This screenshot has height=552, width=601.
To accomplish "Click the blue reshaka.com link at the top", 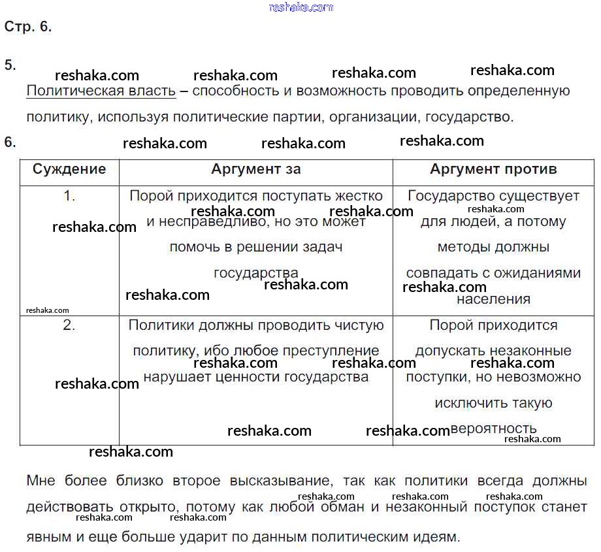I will click(300, 7).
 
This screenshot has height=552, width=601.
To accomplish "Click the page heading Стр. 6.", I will click(27, 27).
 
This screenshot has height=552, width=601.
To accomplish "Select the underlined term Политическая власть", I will click(101, 91).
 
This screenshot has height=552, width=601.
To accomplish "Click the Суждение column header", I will click(69, 169).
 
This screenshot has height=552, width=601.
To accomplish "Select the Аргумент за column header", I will click(256, 169).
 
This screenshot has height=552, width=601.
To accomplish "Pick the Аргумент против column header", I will click(493, 169).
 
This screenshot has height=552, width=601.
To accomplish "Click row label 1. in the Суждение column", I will click(69, 195).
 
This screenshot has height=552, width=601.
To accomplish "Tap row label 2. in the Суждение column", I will click(69, 325).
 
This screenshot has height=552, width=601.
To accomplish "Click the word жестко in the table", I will click(359, 195).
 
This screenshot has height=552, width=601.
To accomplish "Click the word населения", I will click(493, 299).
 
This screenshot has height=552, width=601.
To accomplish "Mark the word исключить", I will click(464, 403).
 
